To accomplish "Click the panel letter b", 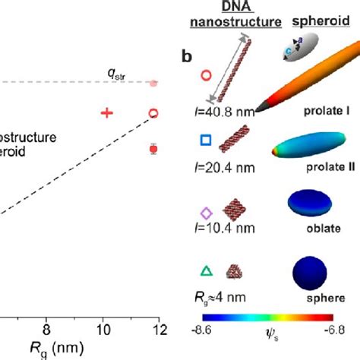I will pos(186,55).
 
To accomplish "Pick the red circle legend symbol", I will pos(204,75).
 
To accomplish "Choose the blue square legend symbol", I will pos(204,140).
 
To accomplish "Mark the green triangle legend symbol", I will pos(204,270).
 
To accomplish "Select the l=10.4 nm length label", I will pos(223,228).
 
